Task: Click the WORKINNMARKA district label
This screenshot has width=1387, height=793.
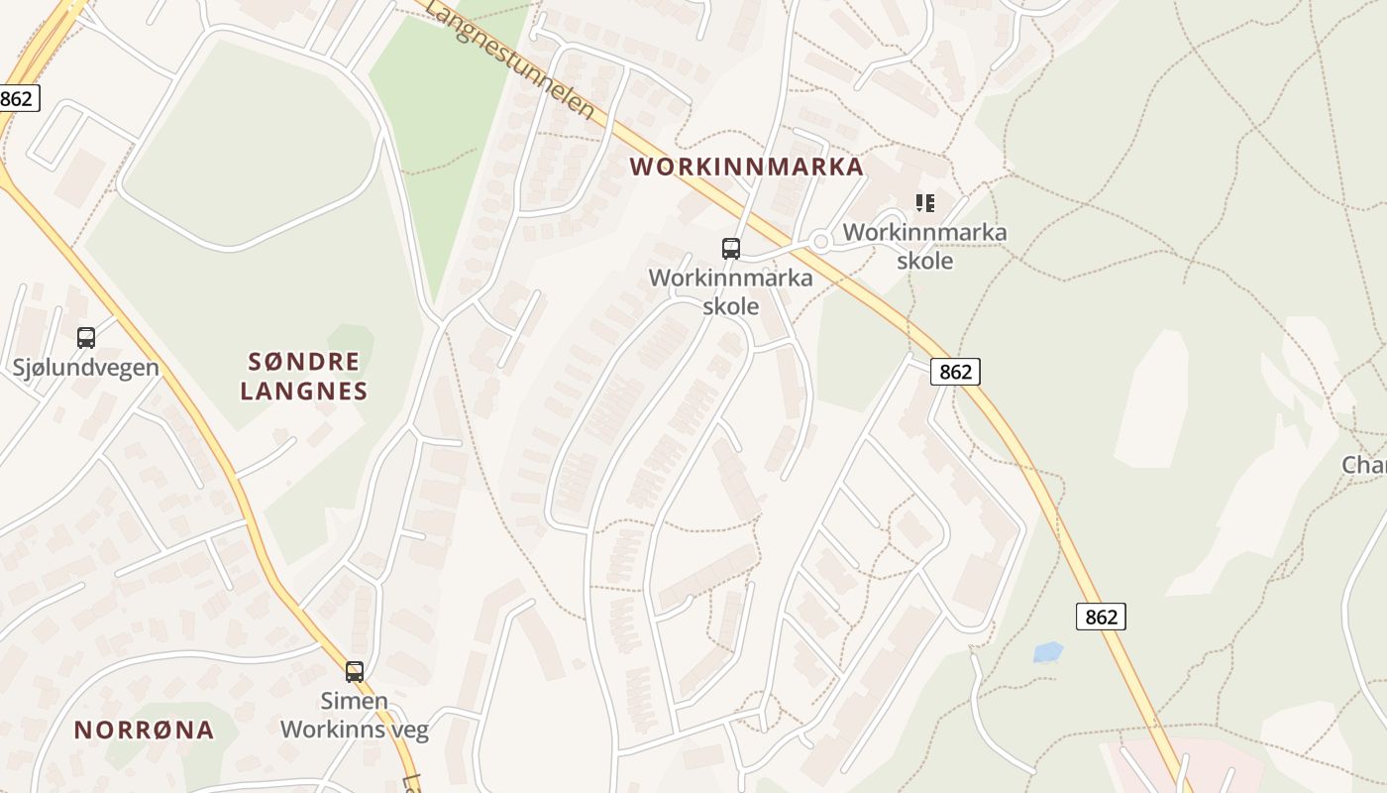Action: point(747,167)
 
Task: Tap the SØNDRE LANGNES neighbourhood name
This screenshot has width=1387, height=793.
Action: point(303,376)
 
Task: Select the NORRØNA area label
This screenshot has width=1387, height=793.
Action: point(144,731)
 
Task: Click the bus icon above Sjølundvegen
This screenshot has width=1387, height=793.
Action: point(86,338)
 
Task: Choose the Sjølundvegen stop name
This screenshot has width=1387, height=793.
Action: point(85,368)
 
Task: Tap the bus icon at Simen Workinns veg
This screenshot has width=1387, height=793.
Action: point(355,671)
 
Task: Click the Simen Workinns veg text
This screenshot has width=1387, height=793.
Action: point(355,716)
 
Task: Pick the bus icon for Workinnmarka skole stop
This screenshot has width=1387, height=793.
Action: point(731,249)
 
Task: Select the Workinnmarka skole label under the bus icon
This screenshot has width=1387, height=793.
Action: point(731,291)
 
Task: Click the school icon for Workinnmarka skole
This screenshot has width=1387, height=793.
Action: point(925,204)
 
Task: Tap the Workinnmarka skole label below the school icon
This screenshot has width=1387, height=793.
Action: point(924,247)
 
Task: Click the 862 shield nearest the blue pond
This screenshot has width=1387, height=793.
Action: point(1101,617)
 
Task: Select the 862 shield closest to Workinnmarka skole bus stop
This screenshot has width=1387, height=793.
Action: point(955,372)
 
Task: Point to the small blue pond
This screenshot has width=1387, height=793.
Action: point(1047,652)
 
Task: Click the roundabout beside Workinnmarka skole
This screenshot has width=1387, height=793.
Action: point(820,241)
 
